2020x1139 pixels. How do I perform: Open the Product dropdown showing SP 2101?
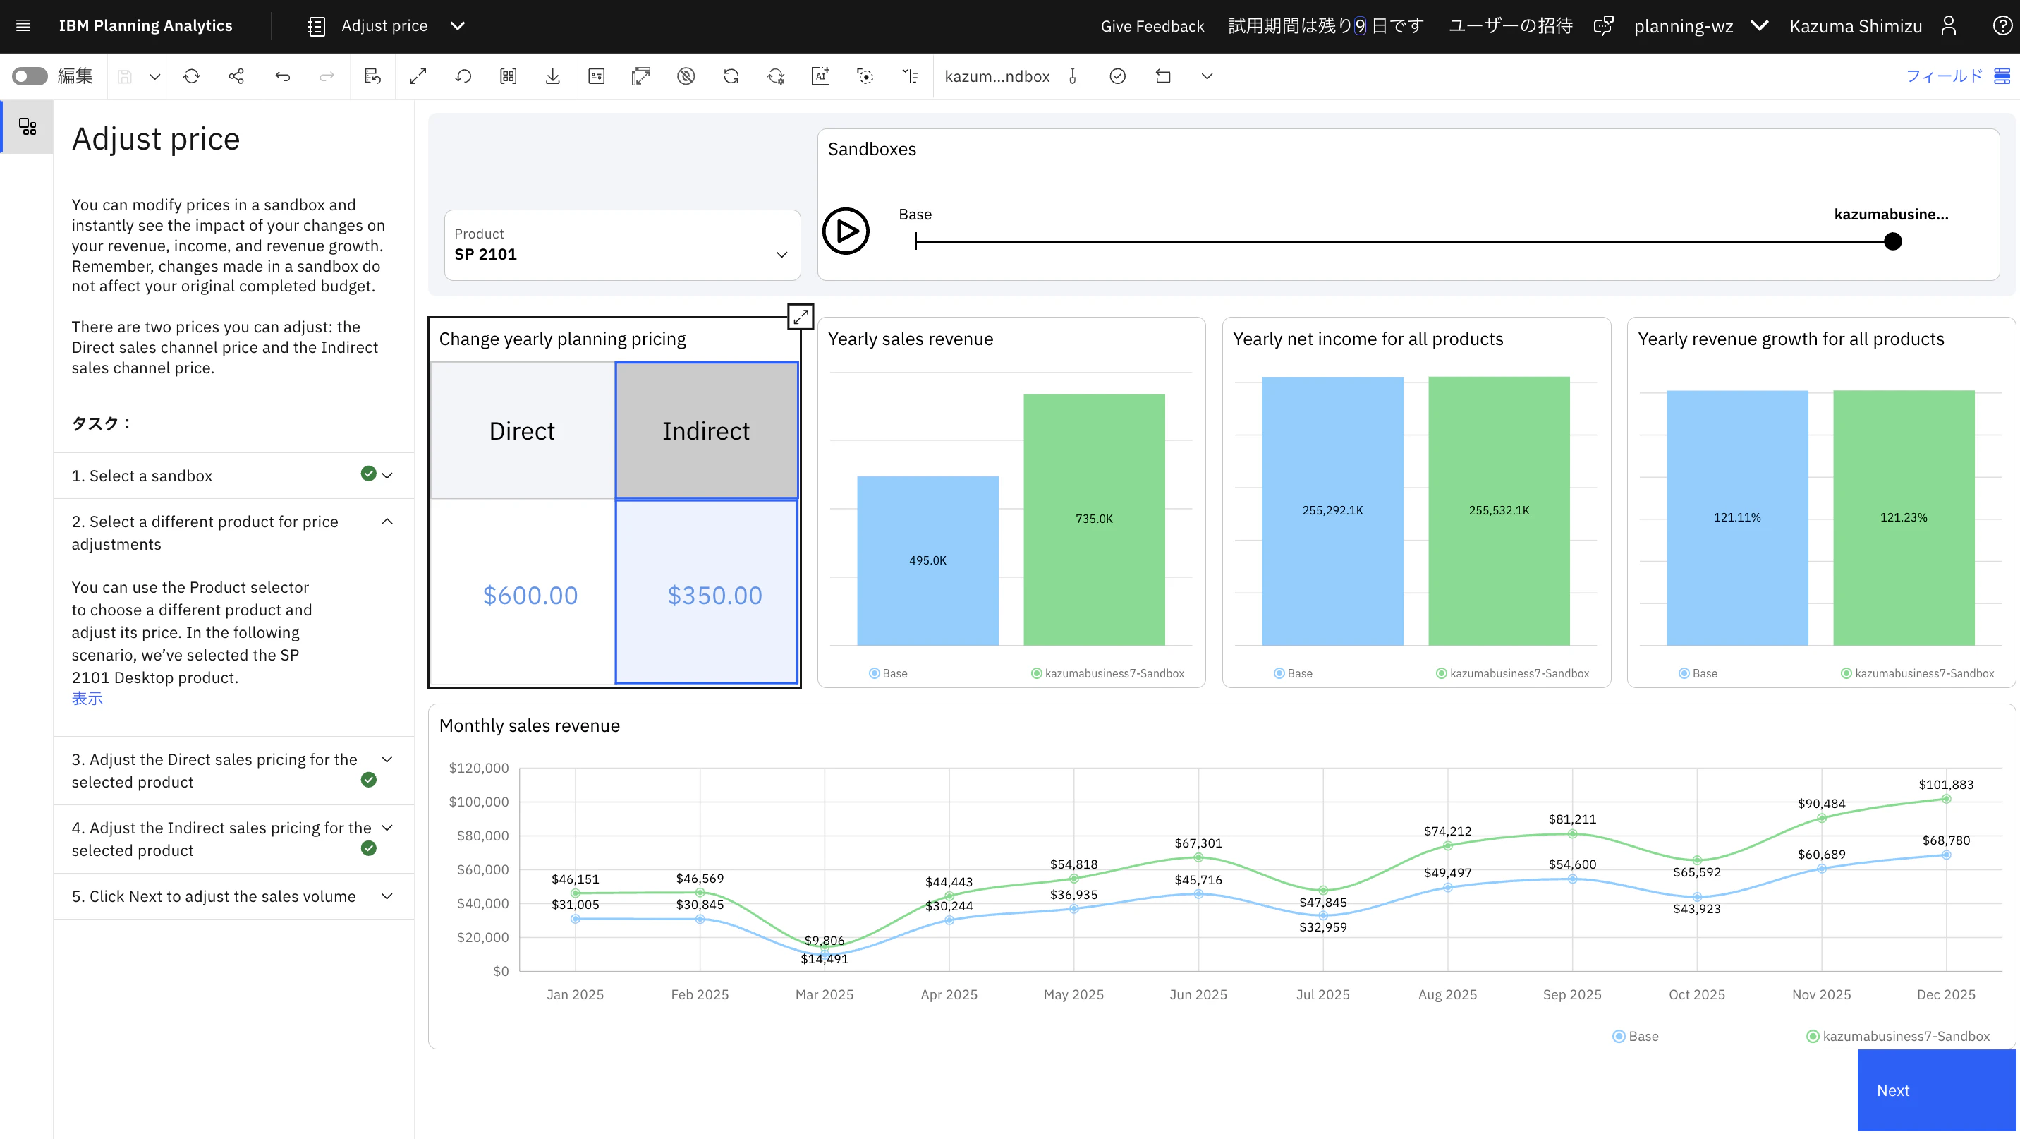[622, 245]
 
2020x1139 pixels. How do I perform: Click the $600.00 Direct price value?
[530, 596]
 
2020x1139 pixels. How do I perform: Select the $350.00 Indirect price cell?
[707, 592]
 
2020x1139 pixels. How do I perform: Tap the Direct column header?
[522, 430]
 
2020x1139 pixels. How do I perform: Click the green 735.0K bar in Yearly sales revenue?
[1094, 519]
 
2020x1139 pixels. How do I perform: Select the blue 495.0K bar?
[927, 561]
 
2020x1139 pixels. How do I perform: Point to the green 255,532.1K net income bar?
[1499, 511]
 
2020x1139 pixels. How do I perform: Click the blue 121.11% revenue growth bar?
[1737, 518]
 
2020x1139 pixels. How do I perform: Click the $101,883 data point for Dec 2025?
[1945, 799]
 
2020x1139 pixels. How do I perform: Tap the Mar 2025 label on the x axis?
[825, 994]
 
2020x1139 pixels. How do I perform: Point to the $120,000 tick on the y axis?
[478, 768]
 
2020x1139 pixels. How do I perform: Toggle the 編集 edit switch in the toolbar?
[30, 76]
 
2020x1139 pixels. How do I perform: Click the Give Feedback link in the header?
[1152, 26]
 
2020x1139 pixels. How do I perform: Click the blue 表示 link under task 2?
[87, 698]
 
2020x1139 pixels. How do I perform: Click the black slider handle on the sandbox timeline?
[1892, 241]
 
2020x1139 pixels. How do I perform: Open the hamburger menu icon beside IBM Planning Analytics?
[23, 26]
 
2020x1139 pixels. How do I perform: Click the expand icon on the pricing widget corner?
[800, 316]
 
